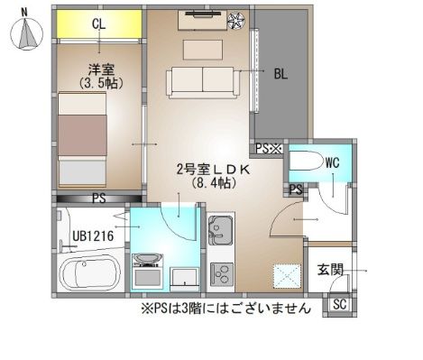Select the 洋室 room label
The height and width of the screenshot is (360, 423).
[x=99, y=69]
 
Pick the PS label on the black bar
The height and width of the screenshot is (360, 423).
[x=99, y=198]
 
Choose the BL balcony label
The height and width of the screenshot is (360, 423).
[x=280, y=75]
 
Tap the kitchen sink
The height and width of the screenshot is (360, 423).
[x=221, y=228]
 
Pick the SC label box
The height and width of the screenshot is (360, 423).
[x=341, y=305]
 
